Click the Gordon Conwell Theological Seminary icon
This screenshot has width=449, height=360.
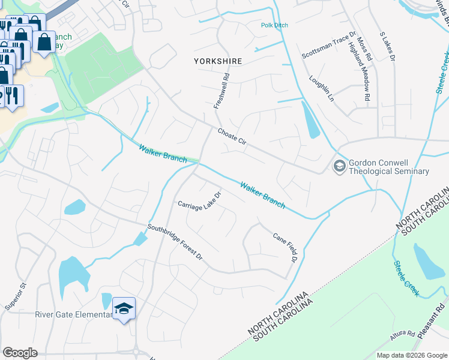(340, 166)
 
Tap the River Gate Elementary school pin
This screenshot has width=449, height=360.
(124, 308)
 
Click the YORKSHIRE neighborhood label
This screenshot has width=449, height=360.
(218, 61)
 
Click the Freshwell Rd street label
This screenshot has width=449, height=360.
(221, 91)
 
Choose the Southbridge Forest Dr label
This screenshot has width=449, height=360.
(176, 242)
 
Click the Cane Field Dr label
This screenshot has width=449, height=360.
(285, 248)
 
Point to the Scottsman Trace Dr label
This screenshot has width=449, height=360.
(329, 43)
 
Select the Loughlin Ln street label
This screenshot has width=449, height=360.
(321, 88)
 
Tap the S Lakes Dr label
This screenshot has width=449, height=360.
(387, 47)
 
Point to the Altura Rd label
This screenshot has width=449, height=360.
(402, 336)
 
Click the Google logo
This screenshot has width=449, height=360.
(20, 353)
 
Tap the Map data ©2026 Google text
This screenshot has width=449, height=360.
(411, 355)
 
